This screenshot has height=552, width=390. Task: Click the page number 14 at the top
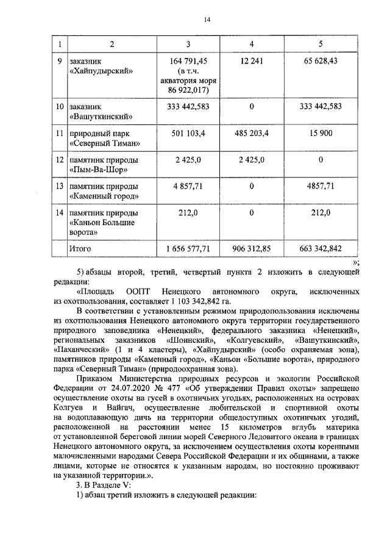207,20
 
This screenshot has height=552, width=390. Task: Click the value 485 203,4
252,133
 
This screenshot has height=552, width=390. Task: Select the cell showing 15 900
321,133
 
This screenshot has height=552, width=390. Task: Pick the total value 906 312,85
252,248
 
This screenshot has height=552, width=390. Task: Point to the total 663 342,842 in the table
321,248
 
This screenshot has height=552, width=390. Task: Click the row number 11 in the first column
59,133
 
